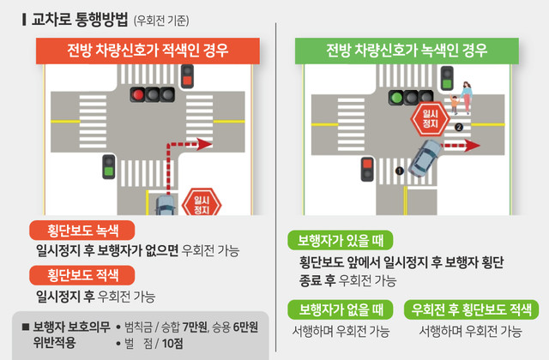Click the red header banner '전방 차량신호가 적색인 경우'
(x=148, y=51)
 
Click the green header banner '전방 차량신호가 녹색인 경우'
(x=407, y=51)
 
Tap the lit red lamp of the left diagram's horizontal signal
(x=137, y=95)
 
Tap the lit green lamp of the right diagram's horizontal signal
(x=396, y=97)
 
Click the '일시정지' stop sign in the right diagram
(x=431, y=119)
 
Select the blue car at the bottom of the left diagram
(x=166, y=206)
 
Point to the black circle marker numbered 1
(x=400, y=171)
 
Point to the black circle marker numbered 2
(x=459, y=127)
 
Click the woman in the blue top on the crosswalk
(x=466, y=98)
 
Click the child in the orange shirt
(x=454, y=105)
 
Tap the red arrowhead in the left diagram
(x=204, y=144)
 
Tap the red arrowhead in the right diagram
(x=473, y=146)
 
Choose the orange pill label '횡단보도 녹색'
(x=82, y=231)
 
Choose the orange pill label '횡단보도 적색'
(x=82, y=275)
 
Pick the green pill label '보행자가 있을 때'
(x=341, y=240)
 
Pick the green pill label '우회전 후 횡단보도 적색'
(x=471, y=309)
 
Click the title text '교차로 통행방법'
(x=80, y=19)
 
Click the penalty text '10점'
(x=172, y=344)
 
